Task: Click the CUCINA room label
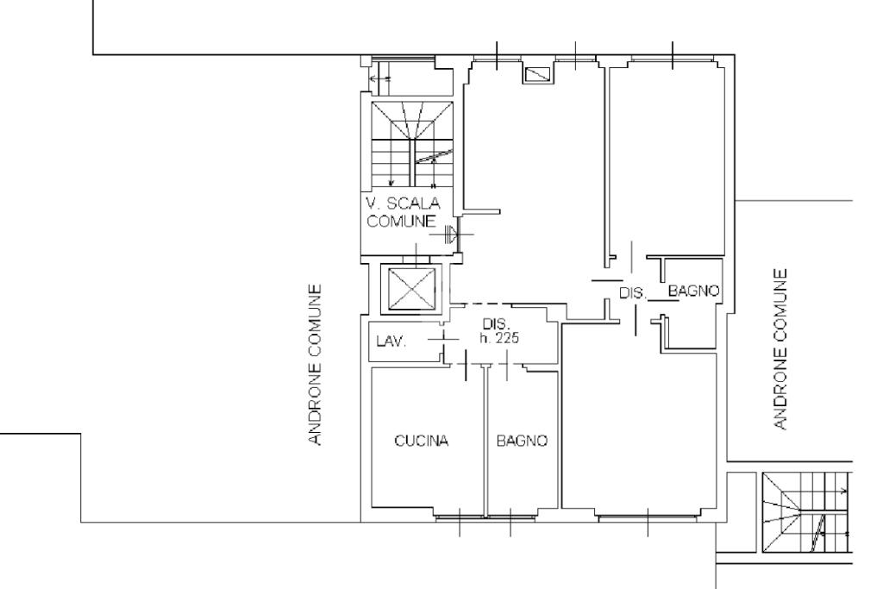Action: (x=421, y=441)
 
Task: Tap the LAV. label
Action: (x=391, y=341)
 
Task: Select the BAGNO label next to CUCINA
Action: (x=522, y=441)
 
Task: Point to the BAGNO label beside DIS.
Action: (x=694, y=291)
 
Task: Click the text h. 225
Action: (x=499, y=338)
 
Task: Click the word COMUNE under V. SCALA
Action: (x=401, y=221)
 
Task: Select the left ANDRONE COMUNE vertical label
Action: (x=316, y=364)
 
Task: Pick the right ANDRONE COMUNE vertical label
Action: (x=780, y=349)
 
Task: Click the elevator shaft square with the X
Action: (x=412, y=289)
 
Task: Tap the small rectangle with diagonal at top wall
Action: (x=536, y=74)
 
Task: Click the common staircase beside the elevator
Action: (x=412, y=144)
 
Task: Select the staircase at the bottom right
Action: (x=807, y=512)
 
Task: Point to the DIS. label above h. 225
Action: (x=496, y=323)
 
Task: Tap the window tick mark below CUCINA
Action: (x=460, y=522)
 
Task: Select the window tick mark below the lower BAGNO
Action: (x=510, y=522)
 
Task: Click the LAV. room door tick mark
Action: (x=444, y=339)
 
